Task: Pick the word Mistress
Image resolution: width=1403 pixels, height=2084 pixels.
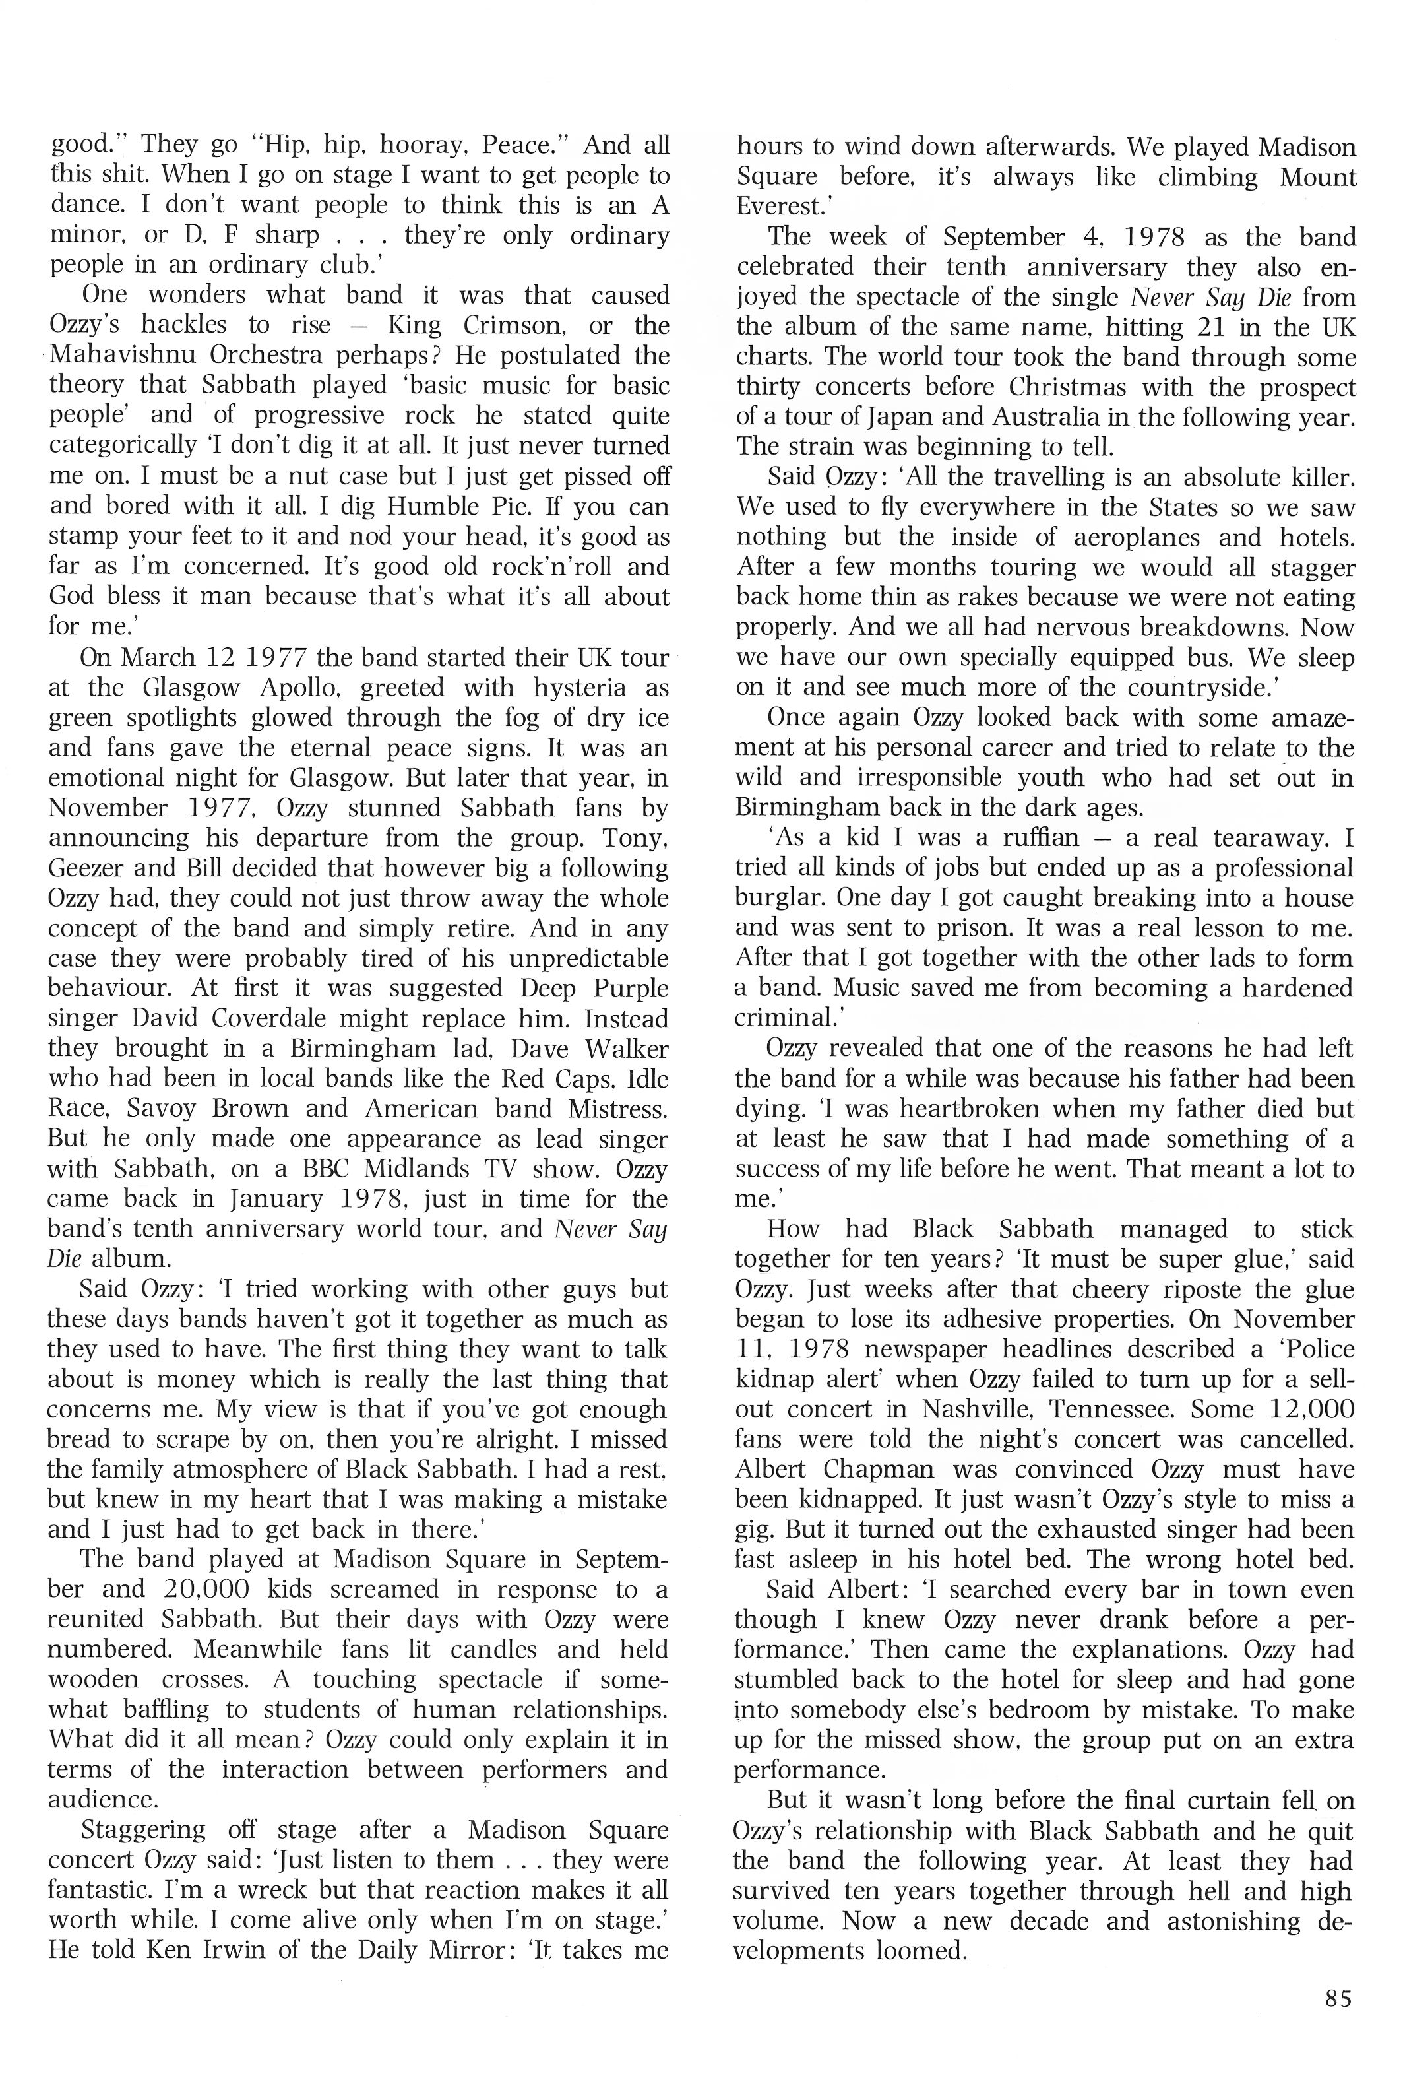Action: [x=617, y=1109]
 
